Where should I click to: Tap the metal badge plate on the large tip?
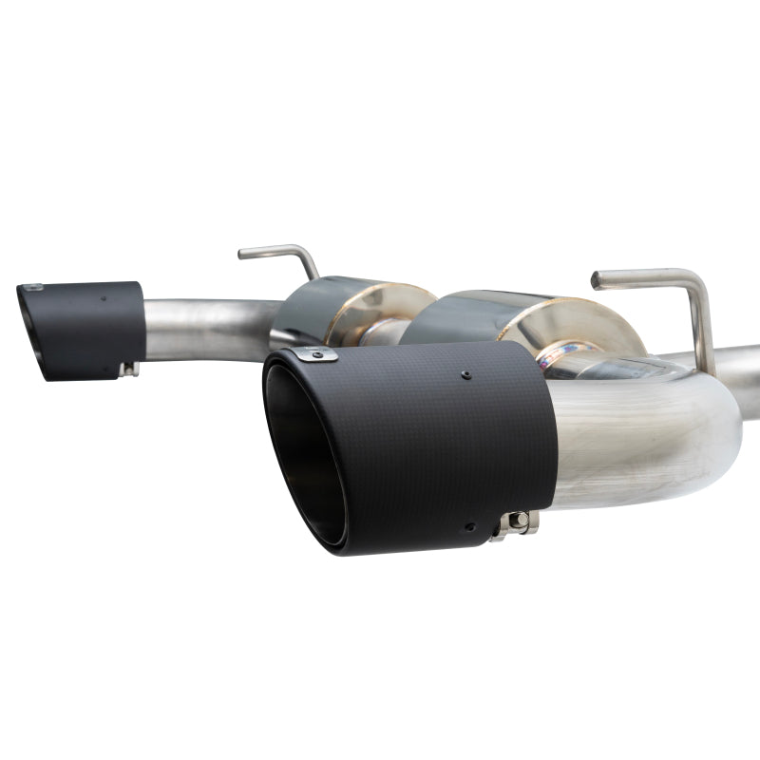(314, 355)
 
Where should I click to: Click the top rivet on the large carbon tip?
(465, 375)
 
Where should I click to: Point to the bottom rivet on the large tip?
(467, 525)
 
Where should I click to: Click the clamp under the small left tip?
(129, 368)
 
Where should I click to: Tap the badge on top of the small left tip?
(33, 287)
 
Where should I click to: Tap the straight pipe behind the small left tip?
(204, 328)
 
